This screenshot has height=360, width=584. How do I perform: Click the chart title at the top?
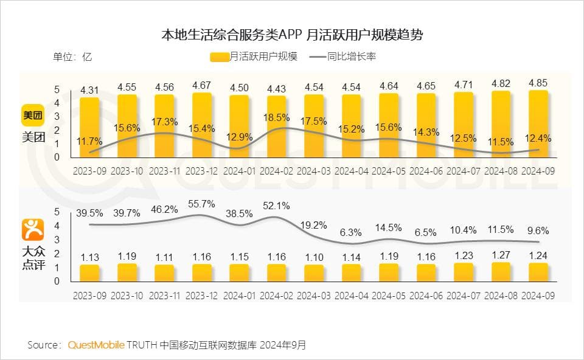click(x=292, y=34)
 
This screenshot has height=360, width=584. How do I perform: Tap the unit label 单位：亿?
click(x=72, y=57)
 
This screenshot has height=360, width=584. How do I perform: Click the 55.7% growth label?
click(x=202, y=204)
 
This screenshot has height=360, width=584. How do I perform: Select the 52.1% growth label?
click(x=277, y=205)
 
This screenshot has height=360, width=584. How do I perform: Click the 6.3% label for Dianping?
click(x=351, y=232)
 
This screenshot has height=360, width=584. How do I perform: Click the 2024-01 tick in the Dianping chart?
click(x=240, y=295)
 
